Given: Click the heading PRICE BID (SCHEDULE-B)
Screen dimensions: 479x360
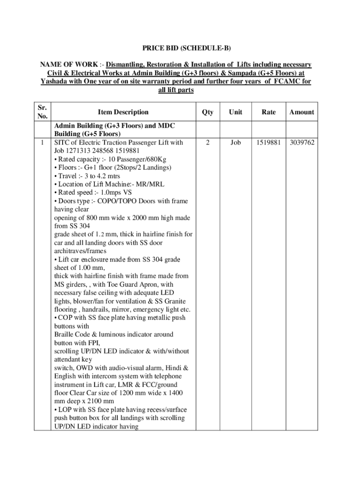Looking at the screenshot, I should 180,48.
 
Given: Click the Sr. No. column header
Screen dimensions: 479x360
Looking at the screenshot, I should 42,112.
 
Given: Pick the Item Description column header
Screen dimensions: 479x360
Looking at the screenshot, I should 123,112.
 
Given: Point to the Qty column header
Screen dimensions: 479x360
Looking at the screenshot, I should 208,112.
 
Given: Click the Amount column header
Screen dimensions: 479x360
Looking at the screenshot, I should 302,112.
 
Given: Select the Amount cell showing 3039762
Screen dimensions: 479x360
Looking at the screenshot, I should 302,142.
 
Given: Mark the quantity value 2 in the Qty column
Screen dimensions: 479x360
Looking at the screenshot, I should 208,142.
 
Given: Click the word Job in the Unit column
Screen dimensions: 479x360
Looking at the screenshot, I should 236,142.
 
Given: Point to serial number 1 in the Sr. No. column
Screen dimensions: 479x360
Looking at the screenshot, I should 42,142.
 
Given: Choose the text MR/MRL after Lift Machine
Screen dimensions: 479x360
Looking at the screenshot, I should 149,184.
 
